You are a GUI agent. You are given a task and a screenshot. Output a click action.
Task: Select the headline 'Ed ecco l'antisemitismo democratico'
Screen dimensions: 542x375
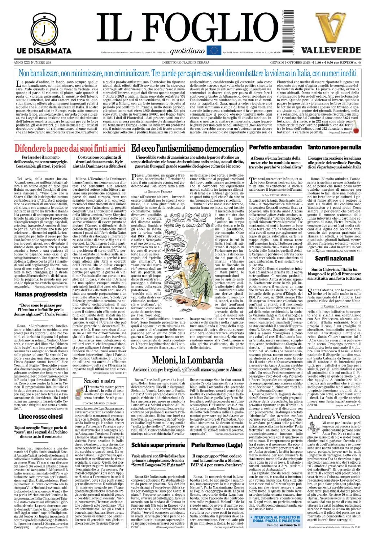pos(187,148)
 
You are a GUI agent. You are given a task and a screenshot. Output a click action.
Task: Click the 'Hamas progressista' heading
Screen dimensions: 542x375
pos(40,294)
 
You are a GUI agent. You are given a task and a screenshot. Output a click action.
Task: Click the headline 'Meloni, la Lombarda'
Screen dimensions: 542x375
pos(187,360)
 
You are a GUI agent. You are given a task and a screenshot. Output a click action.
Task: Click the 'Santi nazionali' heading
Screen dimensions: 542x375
pos(334,258)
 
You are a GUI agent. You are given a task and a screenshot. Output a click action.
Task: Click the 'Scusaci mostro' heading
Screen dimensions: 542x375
pos(99,380)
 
